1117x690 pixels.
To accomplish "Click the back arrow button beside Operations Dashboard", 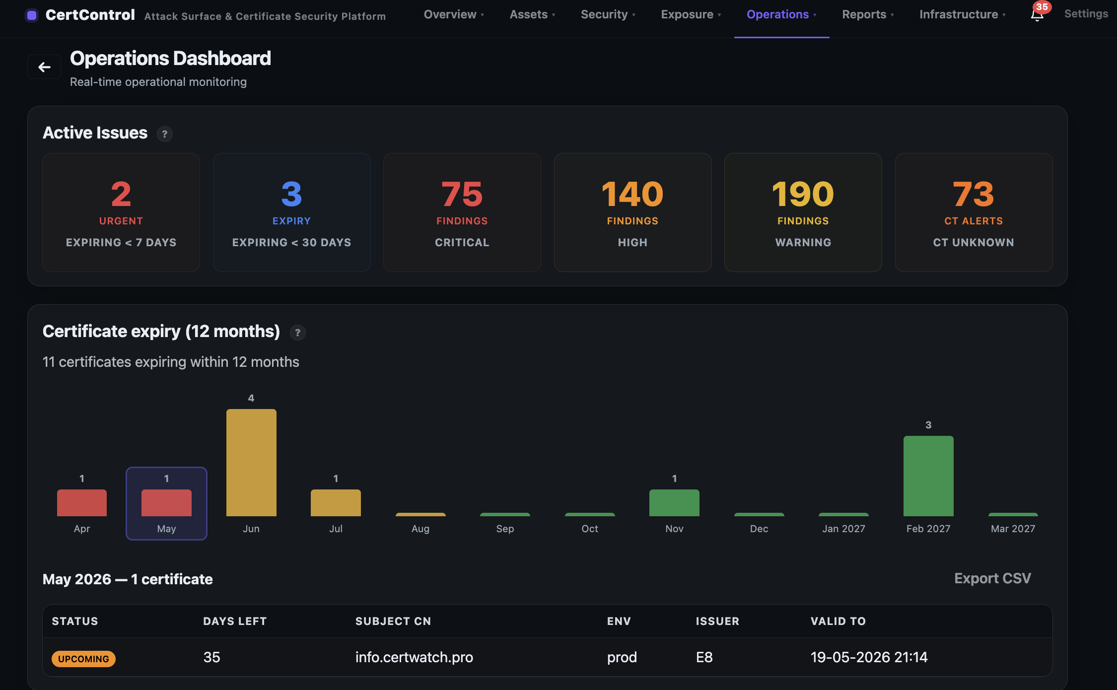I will [x=44, y=67].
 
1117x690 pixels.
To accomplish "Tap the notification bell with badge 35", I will [x=1037, y=14].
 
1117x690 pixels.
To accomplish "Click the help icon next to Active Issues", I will [x=164, y=134].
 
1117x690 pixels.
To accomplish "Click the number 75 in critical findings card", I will [x=462, y=194].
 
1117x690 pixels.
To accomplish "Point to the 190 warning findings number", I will [x=803, y=194].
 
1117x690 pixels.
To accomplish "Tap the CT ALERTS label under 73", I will [x=973, y=221].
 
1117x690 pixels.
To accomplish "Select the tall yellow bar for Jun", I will [x=251, y=462].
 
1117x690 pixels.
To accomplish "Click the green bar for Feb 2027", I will [x=928, y=476].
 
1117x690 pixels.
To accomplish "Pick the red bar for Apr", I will [x=82, y=502].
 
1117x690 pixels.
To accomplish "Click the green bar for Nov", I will [x=674, y=502].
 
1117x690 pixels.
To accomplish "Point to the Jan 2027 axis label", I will [x=843, y=529].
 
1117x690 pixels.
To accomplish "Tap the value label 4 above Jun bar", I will [x=251, y=398].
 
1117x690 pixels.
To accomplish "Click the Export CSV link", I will [x=992, y=578].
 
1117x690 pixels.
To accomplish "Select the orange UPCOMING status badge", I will [x=83, y=659].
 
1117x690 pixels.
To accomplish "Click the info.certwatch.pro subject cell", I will [x=414, y=657].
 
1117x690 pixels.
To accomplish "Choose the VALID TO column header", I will [x=838, y=621].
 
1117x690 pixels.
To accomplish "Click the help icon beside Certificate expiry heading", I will [x=297, y=333].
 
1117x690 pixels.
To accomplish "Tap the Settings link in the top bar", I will [x=1086, y=14].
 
